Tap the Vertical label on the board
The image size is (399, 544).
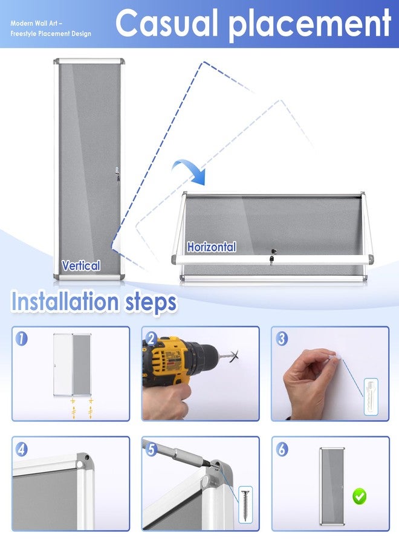(81, 266)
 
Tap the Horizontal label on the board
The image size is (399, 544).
(212, 247)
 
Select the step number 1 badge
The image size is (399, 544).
(22, 338)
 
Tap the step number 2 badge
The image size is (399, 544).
(151, 338)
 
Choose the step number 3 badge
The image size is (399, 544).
(281, 338)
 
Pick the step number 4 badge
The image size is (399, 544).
(22, 449)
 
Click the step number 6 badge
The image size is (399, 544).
(281, 449)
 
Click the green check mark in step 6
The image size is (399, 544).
(359, 496)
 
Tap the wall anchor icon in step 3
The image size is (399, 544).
(371, 397)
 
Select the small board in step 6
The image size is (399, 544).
(332, 486)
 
